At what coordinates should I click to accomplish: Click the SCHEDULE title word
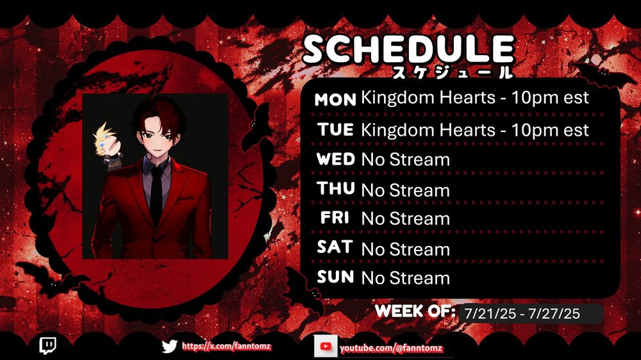click(408, 49)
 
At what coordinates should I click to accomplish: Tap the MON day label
click(335, 99)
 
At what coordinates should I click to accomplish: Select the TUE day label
click(335, 129)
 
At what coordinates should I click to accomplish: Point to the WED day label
click(336, 159)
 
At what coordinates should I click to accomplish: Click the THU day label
click(336, 188)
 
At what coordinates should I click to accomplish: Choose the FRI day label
click(335, 217)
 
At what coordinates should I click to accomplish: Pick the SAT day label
click(335, 247)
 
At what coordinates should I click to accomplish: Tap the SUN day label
click(335, 277)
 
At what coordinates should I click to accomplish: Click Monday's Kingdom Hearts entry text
click(475, 97)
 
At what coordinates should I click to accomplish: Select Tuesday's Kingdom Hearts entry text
click(475, 130)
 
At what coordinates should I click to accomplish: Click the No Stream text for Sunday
click(406, 278)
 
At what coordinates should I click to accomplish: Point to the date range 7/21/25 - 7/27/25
click(522, 313)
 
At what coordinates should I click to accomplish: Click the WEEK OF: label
click(415, 311)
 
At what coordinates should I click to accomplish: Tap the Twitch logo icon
click(48, 345)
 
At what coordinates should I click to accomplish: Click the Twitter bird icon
click(169, 347)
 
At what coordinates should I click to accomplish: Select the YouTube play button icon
click(326, 347)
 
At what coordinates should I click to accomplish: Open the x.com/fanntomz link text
click(226, 347)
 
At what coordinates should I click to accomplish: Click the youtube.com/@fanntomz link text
click(391, 348)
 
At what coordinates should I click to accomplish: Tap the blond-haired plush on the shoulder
click(106, 145)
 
